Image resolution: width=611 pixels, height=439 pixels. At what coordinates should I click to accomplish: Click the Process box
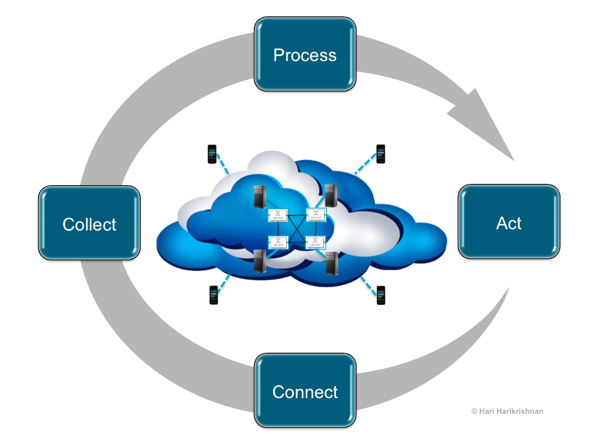[305, 54]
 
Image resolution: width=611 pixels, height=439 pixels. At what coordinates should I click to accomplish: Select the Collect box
[89, 224]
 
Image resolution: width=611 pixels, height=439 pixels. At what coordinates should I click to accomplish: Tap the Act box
[508, 222]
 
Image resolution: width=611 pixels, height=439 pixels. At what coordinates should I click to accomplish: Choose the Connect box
[305, 391]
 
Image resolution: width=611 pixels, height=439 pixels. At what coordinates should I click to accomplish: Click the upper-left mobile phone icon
[212, 154]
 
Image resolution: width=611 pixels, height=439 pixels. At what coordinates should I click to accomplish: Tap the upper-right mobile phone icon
[380, 153]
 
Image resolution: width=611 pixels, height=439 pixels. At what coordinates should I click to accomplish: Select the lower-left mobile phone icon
[213, 295]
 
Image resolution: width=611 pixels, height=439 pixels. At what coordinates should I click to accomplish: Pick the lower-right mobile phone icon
[381, 295]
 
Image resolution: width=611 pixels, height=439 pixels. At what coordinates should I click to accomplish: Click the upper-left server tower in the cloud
[261, 197]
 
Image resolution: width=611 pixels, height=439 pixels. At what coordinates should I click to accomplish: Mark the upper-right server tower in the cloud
[331, 195]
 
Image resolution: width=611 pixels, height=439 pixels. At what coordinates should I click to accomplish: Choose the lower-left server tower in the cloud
[260, 261]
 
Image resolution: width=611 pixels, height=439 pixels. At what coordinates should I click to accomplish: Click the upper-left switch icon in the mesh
[278, 215]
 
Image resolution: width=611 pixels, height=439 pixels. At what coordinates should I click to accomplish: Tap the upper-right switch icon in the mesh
[316, 215]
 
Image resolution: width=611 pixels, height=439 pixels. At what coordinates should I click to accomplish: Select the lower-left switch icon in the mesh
[278, 242]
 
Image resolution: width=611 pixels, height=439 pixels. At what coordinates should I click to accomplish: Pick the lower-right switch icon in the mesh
[316, 242]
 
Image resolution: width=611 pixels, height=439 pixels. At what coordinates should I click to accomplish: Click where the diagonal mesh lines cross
[297, 228]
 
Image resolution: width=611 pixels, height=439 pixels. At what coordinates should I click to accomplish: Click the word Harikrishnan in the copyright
[519, 411]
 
